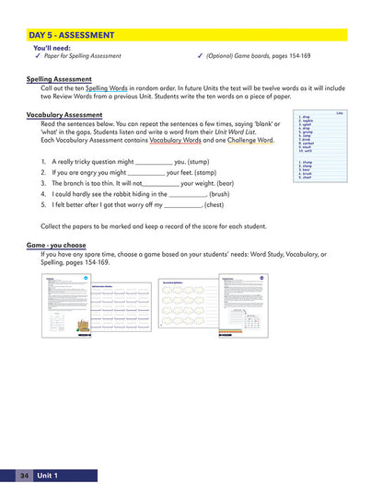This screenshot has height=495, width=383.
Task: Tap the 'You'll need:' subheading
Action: [x=52, y=47]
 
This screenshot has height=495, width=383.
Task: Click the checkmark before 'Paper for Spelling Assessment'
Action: [x=37, y=55]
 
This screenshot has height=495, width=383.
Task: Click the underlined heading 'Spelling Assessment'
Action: [x=59, y=79]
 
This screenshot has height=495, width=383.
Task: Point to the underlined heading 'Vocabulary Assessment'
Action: [x=64, y=115]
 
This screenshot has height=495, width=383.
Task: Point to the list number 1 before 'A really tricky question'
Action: [x=43, y=161]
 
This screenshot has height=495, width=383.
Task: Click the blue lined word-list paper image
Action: [x=320, y=145]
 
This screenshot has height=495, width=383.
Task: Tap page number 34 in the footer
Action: [x=25, y=475]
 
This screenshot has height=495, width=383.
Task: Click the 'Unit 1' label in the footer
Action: [x=48, y=475]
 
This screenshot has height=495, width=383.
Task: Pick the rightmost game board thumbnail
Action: [x=244, y=304]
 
